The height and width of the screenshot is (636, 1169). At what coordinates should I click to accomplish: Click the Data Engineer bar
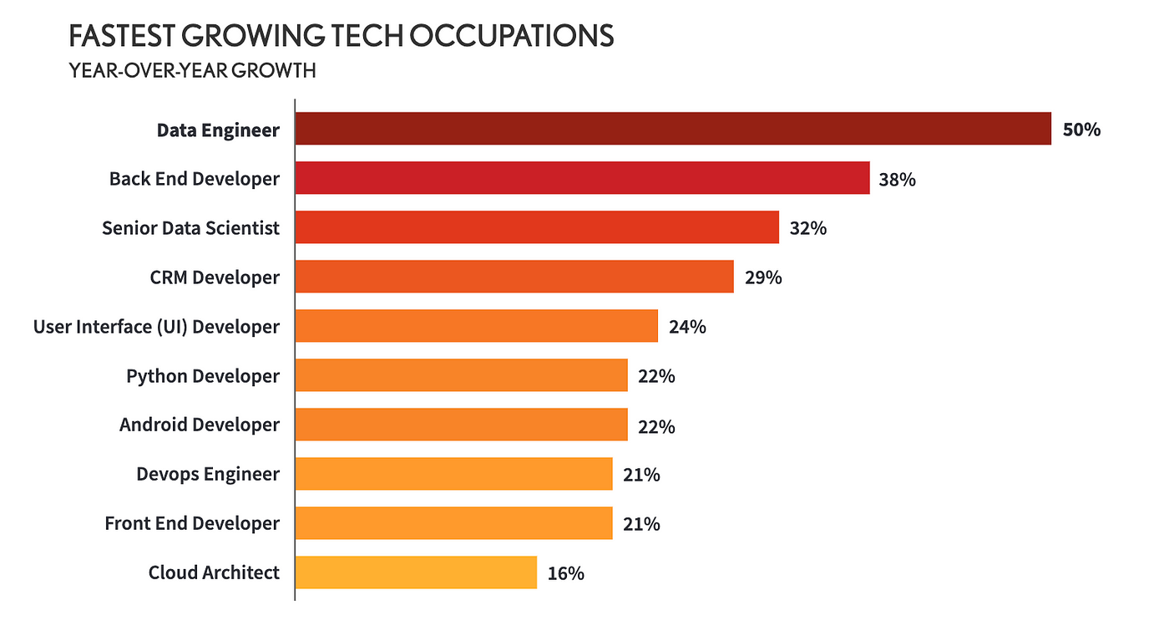(673, 129)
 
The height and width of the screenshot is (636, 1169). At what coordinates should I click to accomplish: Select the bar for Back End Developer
(582, 178)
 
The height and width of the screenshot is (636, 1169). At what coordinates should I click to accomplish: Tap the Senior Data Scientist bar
(537, 227)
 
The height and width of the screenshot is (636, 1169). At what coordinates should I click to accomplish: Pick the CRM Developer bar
(514, 277)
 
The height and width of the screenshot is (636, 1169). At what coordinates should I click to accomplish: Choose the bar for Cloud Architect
(416, 572)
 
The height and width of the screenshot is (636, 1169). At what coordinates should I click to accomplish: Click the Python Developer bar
(461, 375)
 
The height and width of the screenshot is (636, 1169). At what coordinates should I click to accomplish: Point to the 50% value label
(1081, 130)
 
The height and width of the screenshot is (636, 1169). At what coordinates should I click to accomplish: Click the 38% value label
(897, 179)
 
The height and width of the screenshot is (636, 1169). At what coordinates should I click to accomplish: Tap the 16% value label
(565, 573)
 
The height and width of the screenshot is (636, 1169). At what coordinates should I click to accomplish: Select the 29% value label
(762, 277)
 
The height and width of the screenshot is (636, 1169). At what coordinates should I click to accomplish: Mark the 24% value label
(686, 327)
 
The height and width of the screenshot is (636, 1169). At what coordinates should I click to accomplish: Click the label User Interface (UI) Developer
(156, 327)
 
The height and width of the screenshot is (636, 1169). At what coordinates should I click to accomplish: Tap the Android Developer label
(200, 425)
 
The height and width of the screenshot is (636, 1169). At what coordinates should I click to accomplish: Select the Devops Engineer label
(208, 475)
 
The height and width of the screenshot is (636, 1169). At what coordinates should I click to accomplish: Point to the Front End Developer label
(192, 523)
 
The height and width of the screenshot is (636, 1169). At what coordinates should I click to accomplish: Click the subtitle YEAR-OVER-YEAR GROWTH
(192, 71)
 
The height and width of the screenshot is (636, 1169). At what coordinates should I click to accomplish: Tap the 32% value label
(807, 228)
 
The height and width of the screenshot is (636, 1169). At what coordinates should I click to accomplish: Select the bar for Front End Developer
(453, 523)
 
